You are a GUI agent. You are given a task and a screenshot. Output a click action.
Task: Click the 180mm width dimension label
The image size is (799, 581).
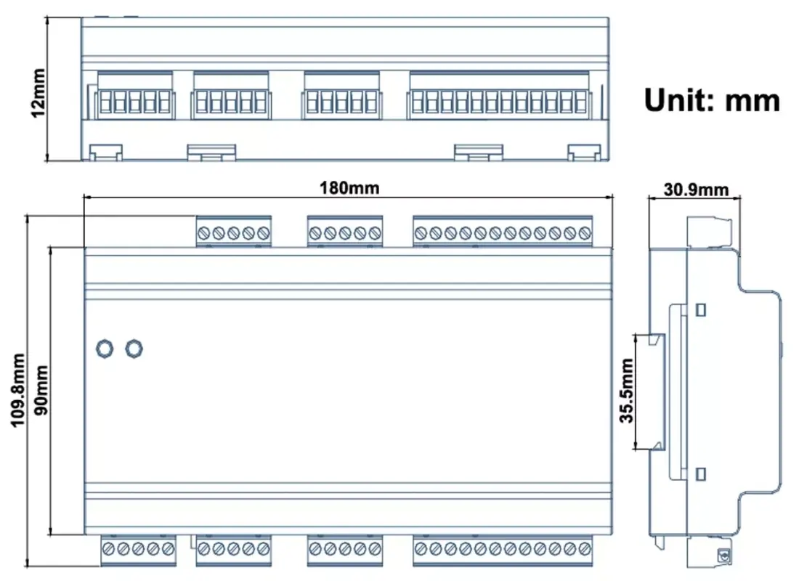point(349,187)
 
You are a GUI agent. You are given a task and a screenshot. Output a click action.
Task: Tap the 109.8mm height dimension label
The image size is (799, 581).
point(17,390)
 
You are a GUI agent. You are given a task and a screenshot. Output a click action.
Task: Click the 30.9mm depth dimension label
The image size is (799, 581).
point(696,190)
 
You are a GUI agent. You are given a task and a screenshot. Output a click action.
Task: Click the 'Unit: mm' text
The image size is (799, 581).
point(712,100)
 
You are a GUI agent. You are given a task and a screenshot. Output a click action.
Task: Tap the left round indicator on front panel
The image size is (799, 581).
point(105,349)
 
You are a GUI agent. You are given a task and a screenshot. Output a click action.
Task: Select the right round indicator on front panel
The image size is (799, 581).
point(133,349)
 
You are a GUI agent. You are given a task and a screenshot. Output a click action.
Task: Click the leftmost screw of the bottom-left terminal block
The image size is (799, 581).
point(108,549)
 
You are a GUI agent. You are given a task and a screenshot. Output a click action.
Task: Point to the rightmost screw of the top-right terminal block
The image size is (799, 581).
point(585,233)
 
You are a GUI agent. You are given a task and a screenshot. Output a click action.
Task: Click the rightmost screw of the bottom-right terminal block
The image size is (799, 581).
point(585,549)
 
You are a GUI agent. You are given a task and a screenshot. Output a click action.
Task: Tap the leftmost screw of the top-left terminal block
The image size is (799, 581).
point(205,233)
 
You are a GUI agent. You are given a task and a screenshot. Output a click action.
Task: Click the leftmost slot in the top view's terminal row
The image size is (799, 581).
point(103,102)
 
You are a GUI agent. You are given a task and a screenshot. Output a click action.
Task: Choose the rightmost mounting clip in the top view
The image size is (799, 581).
point(583,151)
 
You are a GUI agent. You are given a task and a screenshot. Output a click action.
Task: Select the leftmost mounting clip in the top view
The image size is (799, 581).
point(105,151)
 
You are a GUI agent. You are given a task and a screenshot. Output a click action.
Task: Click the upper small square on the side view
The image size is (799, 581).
point(700,310)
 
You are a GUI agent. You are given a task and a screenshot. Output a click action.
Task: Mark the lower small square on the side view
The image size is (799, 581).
point(700,474)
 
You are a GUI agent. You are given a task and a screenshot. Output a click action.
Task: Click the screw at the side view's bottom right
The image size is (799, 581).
point(723,556)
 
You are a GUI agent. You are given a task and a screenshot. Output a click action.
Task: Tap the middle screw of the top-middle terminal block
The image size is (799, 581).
point(345,233)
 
